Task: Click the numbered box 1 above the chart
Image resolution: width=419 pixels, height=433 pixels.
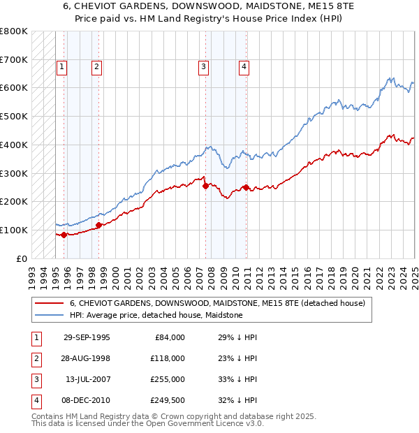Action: [x=62, y=67]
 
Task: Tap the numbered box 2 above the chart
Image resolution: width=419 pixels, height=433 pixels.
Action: [x=96, y=67]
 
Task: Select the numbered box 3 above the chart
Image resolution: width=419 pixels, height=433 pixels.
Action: [x=203, y=67]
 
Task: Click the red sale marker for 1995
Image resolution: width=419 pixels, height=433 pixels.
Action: [x=64, y=235]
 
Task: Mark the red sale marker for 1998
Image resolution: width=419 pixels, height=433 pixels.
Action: [x=98, y=225]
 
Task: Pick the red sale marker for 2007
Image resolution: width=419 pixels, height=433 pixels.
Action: [x=205, y=186]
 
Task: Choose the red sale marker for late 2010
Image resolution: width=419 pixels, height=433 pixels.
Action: [x=247, y=187]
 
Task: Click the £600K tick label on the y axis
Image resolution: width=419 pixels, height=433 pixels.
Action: [x=14, y=88]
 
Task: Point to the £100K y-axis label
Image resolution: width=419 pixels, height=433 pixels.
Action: [x=14, y=230]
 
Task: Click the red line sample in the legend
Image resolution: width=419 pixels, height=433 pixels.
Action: [x=50, y=304]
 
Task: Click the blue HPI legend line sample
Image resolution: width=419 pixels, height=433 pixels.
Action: [x=50, y=316]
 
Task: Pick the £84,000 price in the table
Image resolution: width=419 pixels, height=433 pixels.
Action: [x=170, y=337]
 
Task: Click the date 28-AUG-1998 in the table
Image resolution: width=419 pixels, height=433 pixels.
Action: [x=87, y=358]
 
